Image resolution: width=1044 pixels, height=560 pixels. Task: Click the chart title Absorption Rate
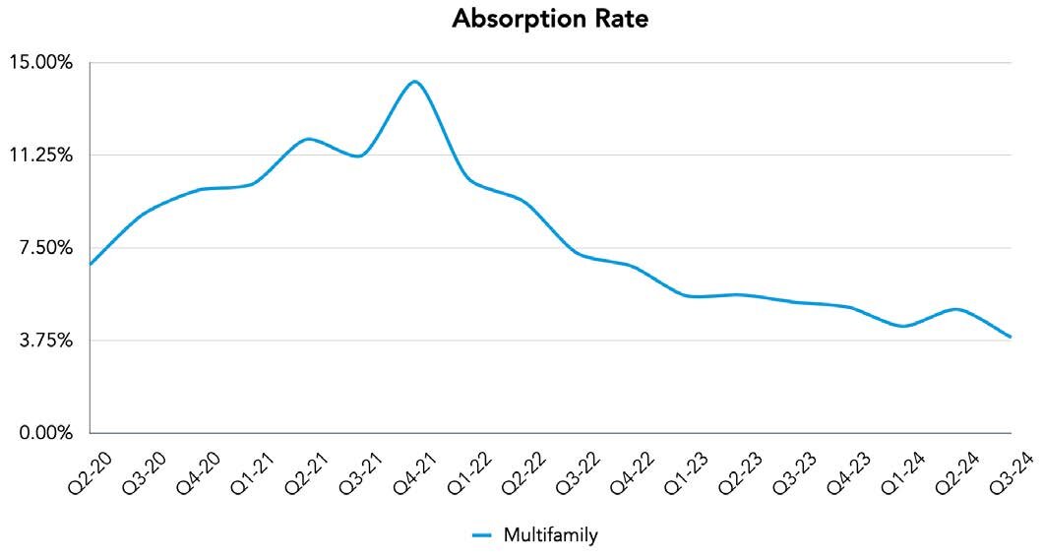pos(550,19)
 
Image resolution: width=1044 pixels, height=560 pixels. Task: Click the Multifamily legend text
pos(550,535)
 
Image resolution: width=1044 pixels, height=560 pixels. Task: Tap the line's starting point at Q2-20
pos(90,265)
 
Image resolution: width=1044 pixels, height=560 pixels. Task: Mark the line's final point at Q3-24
pos(1011,338)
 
